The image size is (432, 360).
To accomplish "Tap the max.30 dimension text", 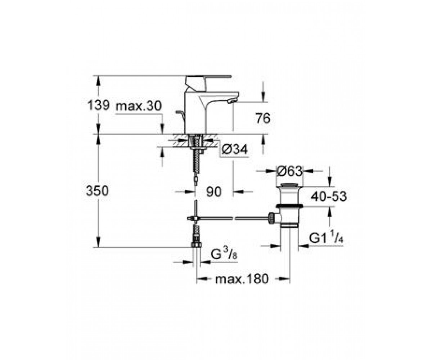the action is tap(138, 106).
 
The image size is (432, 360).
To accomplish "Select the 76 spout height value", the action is tap(263, 119).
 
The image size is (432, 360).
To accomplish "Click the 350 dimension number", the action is tap(97, 191).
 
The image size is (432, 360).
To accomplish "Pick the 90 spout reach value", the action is tap(214, 192).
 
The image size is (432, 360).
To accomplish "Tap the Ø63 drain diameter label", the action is tap(289, 171).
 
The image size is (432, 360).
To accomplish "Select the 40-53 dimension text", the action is tap(329, 196).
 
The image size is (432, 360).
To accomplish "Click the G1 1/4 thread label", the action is tap(326, 238).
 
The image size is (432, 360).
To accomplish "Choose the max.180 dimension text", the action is tap(242, 279).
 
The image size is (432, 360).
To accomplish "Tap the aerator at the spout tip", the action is tap(232, 101).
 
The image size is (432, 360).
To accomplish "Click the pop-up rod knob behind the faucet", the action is tap(178, 112).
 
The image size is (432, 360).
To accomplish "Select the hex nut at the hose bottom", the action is tap(196, 244).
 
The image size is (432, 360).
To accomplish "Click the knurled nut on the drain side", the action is tap(271, 218).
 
